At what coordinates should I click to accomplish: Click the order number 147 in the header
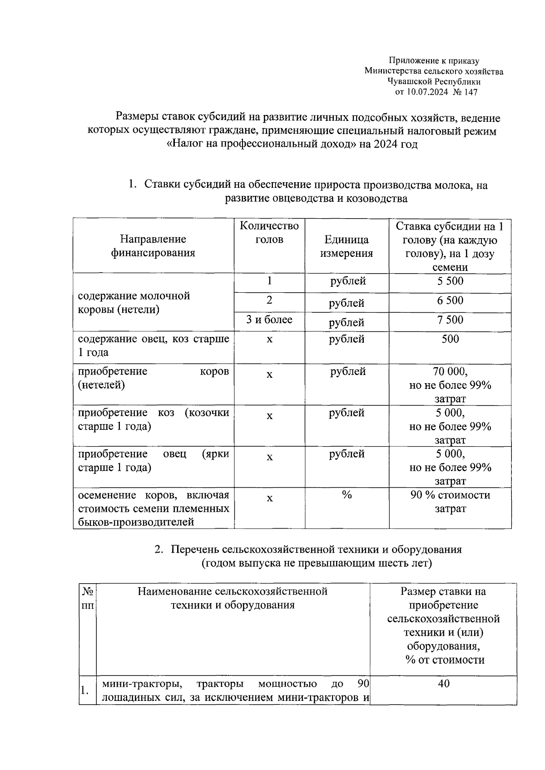point(471,92)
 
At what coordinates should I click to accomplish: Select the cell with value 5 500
point(450,281)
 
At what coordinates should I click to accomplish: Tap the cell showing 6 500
point(450,301)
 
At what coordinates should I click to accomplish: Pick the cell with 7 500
point(450,320)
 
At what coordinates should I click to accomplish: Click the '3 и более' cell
point(269,320)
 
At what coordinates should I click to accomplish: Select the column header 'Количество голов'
point(269,233)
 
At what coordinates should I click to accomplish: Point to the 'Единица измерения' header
point(347,246)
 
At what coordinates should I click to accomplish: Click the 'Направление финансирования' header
point(153,246)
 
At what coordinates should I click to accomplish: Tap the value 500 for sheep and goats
point(450,339)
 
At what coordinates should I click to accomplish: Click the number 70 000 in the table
point(449,372)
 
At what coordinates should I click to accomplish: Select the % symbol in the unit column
point(347,495)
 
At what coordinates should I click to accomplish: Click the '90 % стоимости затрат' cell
point(450,502)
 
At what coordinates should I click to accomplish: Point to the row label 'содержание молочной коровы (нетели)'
point(134,303)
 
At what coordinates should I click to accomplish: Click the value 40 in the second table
point(443,684)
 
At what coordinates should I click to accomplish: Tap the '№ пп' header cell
point(88,598)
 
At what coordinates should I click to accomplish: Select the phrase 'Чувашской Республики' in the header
point(434,82)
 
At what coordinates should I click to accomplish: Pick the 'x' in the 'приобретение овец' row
point(269,457)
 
